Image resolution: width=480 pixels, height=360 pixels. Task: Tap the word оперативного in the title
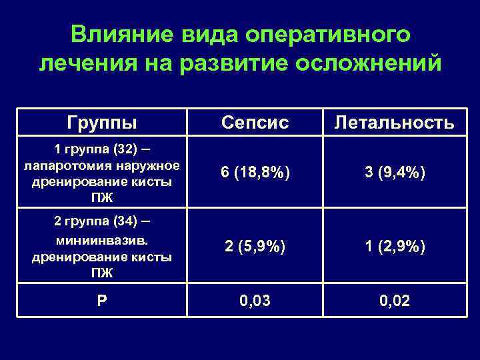(327, 34)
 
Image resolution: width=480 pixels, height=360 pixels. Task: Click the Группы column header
(102, 122)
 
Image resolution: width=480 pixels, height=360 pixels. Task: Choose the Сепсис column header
(255, 122)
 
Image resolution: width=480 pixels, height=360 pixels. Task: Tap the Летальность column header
(395, 122)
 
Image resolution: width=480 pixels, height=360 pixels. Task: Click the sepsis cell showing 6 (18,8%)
(255, 172)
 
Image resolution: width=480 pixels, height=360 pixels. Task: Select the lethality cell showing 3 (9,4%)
(395, 172)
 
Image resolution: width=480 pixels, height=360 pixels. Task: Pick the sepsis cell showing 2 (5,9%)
(255, 247)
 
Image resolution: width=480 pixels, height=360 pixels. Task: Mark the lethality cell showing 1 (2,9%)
(395, 247)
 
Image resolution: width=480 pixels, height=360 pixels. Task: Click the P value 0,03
(255, 301)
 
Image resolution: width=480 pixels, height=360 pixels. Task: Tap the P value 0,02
(395, 301)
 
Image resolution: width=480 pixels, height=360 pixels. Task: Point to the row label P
(102, 301)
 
